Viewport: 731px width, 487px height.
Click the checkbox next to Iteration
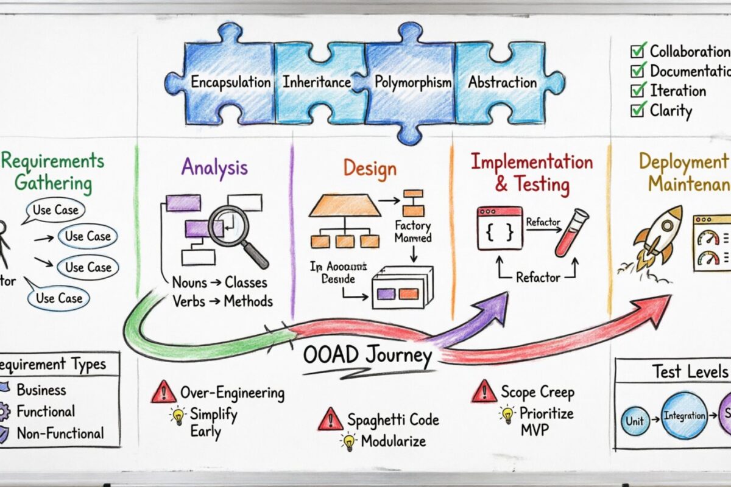click(638, 91)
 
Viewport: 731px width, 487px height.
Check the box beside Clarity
click(638, 110)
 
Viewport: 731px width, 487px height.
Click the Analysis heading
click(214, 167)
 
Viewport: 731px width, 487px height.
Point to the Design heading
click(369, 168)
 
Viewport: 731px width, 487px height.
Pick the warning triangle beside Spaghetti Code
click(330, 419)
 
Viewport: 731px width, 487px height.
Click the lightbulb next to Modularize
click(348, 441)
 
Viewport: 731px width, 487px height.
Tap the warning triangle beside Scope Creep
click(484, 391)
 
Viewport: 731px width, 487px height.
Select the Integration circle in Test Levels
click(684, 416)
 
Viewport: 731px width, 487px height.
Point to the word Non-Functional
click(60, 433)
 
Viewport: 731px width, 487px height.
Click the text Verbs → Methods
click(222, 301)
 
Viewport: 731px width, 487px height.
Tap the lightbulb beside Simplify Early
click(178, 416)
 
